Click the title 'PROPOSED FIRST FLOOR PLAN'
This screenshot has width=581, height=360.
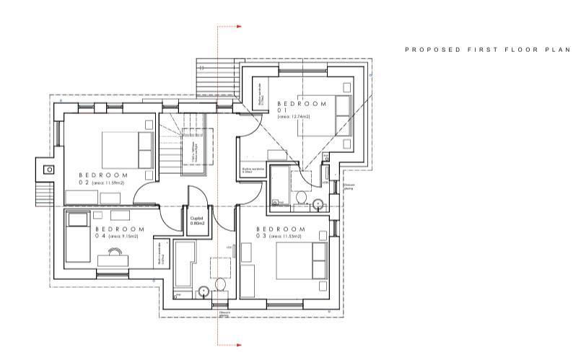487,51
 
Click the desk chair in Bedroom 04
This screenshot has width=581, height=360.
113,252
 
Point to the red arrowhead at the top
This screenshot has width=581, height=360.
239,27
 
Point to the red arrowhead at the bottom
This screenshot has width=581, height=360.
239,345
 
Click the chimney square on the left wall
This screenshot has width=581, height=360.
48,170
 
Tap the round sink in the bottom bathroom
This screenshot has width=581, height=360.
204,291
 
